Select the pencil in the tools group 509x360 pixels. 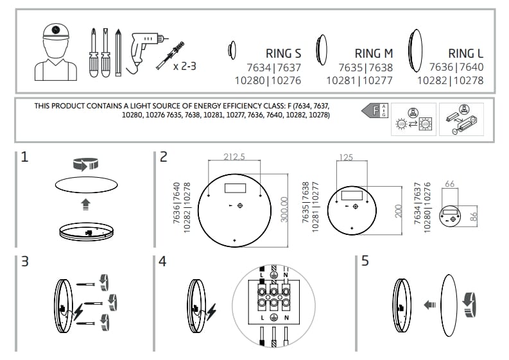(x=117, y=51)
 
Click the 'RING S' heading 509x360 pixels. (x=283, y=53)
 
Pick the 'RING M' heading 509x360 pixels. (x=374, y=53)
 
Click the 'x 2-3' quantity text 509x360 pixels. (x=185, y=65)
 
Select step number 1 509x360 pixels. (x=24, y=157)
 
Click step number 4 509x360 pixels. (x=163, y=262)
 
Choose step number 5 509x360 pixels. (x=365, y=262)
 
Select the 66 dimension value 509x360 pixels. (x=449, y=184)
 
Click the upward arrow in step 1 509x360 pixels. (x=85, y=204)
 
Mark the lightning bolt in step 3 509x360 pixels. (x=78, y=313)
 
